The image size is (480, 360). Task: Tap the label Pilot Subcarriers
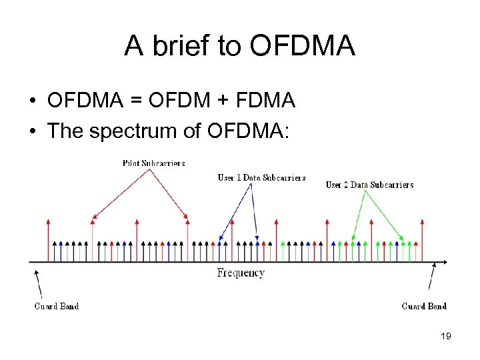154,163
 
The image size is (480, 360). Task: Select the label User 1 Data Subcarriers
261,177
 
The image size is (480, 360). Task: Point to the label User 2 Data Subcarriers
369,185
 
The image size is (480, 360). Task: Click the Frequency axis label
241,273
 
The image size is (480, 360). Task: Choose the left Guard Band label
57,306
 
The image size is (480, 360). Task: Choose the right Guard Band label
424,306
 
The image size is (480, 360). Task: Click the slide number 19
446,337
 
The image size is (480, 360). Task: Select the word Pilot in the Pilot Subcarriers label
132,163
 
